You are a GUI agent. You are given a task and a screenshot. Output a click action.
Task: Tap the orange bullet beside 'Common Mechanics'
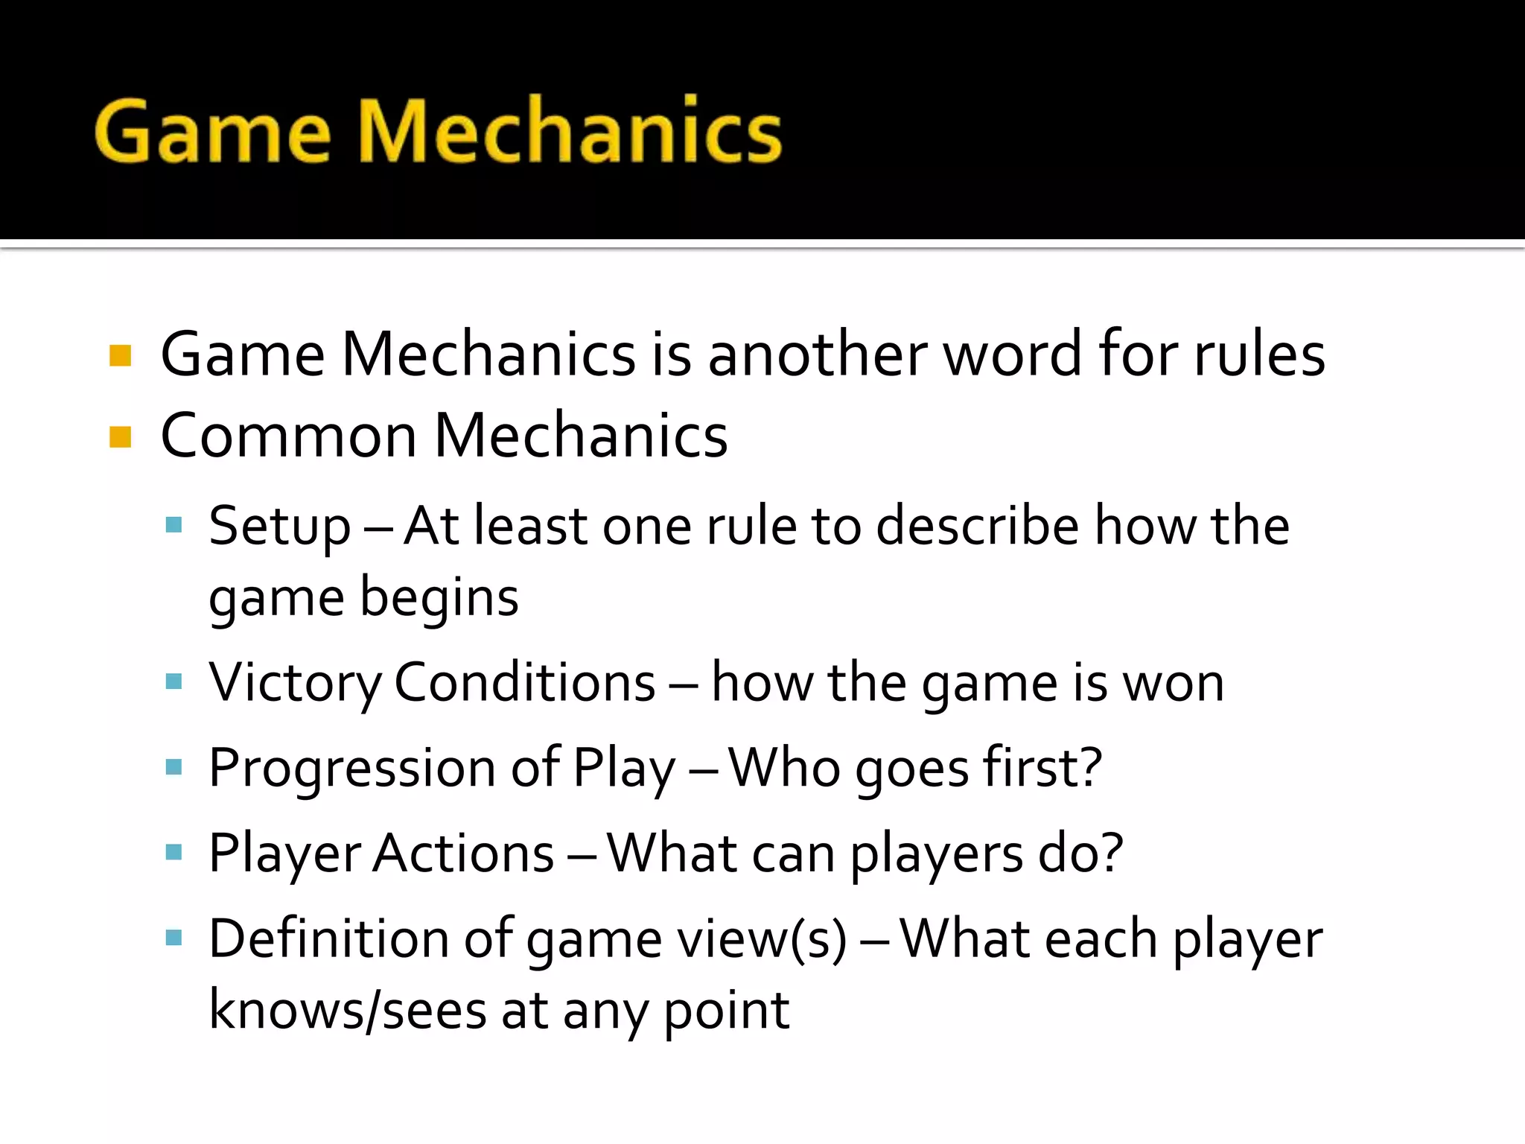click(120, 436)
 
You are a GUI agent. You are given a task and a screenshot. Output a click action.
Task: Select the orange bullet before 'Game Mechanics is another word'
click(120, 355)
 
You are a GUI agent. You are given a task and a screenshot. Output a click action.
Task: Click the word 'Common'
click(288, 436)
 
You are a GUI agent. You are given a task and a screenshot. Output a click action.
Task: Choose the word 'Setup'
click(279, 527)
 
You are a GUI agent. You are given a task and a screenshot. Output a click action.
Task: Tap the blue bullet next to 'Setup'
click(173, 525)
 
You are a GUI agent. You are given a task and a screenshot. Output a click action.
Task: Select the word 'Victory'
click(294, 683)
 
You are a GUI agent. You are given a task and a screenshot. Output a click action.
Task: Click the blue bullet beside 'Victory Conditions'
click(173, 681)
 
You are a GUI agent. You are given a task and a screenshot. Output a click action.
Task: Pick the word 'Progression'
click(351, 769)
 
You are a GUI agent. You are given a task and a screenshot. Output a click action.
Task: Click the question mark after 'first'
click(1089, 767)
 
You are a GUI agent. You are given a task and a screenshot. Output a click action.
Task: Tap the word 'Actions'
click(463, 854)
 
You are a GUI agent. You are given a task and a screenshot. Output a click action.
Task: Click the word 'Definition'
click(328, 938)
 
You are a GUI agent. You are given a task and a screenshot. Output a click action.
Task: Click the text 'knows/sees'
click(347, 1011)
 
